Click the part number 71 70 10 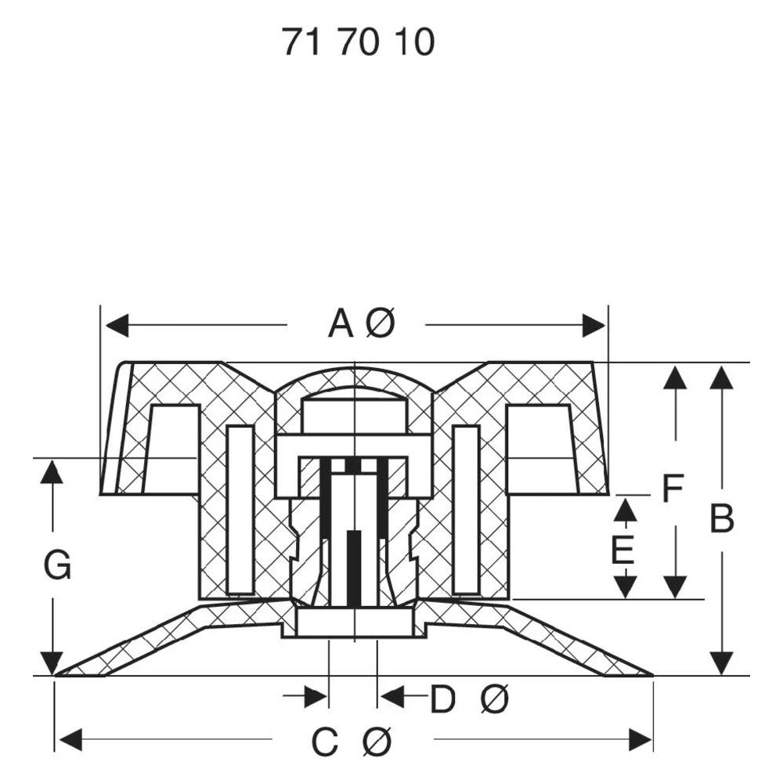(358, 42)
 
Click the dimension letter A (341, 323)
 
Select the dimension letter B (721, 519)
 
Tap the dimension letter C (325, 742)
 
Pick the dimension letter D (442, 699)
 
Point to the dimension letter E (623, 551)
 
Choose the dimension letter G (57, 565)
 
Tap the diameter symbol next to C (377, 742)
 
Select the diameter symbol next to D (494, 699)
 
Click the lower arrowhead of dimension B (721, 664)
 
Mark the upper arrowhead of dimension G (52, 471)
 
